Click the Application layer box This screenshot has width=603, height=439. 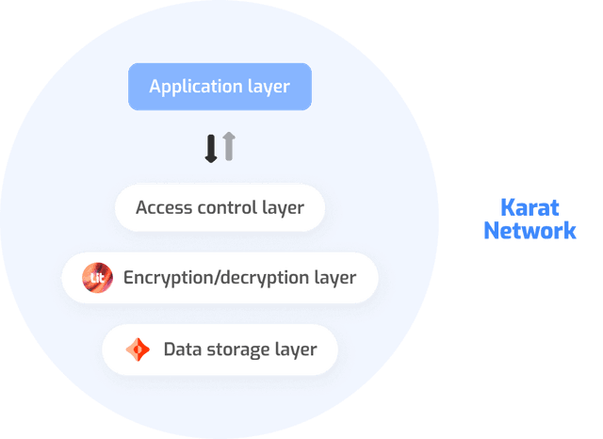pos(220,87)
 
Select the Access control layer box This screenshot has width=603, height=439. pos(220,207)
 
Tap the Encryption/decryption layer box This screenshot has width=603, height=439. pos(220,278)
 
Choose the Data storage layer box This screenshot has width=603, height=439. pos(220,350)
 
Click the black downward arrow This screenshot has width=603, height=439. pos(211,148)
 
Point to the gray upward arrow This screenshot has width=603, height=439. pos(229,146)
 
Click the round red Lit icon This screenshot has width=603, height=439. pos(97,278)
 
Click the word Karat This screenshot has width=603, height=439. pos(529,207)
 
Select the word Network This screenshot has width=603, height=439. pos(529,230)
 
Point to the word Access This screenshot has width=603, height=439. pos(162,207)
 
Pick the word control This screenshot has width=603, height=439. pos(226,207)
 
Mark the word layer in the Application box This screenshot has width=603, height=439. pos(269,88)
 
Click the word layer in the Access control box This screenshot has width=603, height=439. pos(284,207)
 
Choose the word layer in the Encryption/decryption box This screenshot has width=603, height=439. pos(336,278)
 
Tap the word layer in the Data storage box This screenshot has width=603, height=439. pos(296,350)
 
